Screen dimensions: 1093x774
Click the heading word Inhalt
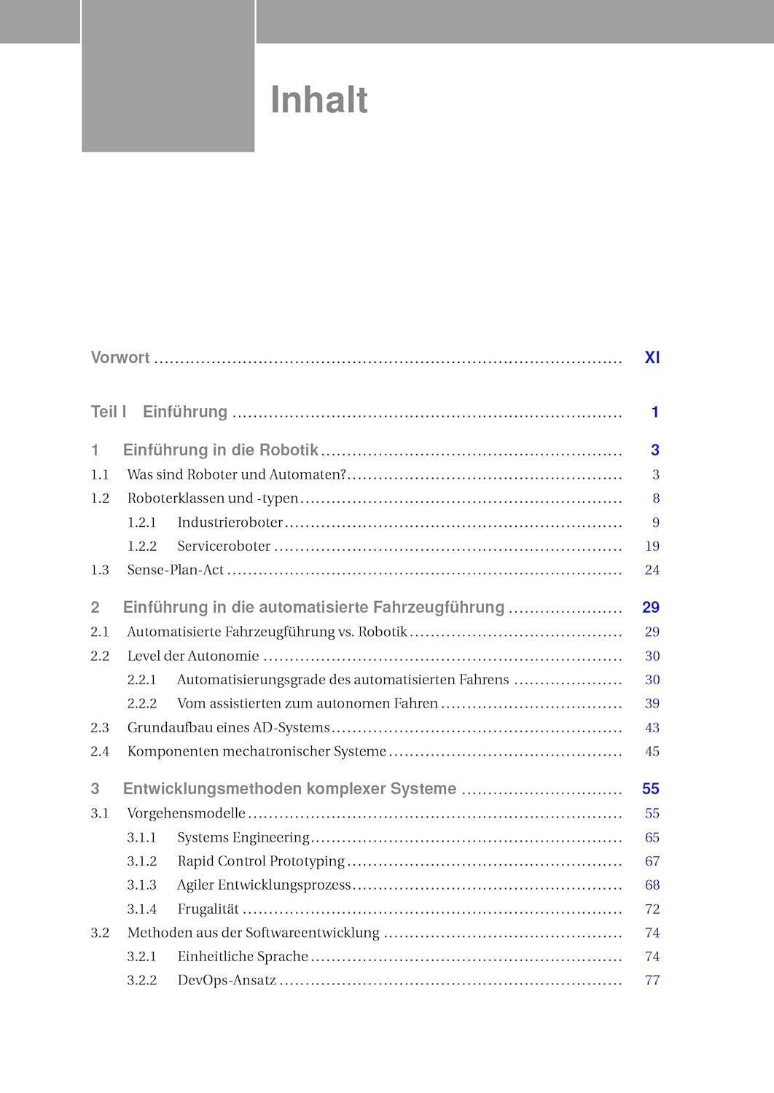318,100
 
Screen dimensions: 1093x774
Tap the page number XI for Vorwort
652,358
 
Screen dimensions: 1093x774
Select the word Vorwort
120,358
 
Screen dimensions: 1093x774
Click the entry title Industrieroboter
230,522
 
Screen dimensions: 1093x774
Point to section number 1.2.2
142,546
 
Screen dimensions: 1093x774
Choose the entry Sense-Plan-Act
176,570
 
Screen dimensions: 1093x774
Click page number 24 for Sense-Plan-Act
652,570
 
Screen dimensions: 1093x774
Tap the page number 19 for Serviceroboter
652,546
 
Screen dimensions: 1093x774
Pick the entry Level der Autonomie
193,656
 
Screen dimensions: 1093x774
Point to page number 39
652,703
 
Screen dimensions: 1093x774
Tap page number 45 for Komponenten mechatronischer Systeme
652,751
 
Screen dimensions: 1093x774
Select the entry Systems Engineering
243,837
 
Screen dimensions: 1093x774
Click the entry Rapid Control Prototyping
261,861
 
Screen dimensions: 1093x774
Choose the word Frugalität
208,909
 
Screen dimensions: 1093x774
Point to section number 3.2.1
142,956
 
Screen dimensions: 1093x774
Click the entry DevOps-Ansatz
227,980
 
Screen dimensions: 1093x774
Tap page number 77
652,980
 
